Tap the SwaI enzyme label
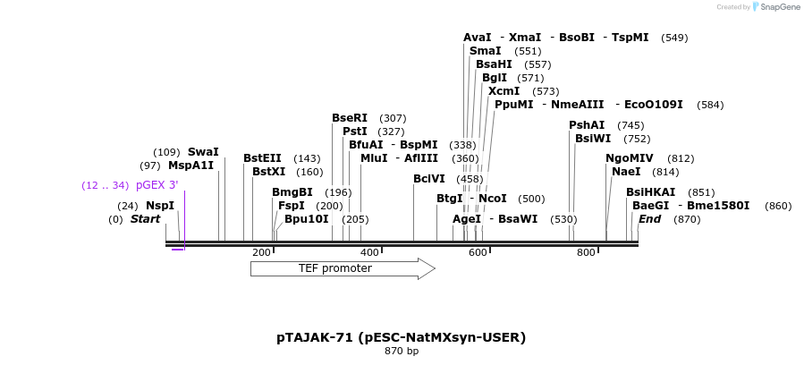203,152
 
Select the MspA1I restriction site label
191,166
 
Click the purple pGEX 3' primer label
157,186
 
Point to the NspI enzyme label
160,206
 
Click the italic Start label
146,219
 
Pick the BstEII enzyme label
262,158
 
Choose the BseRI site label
350,118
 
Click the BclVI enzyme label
428,179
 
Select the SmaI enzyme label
485,51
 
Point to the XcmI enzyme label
504,91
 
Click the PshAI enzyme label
587,125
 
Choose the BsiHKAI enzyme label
651,192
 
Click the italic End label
650,219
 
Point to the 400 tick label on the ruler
369,253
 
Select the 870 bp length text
401,352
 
